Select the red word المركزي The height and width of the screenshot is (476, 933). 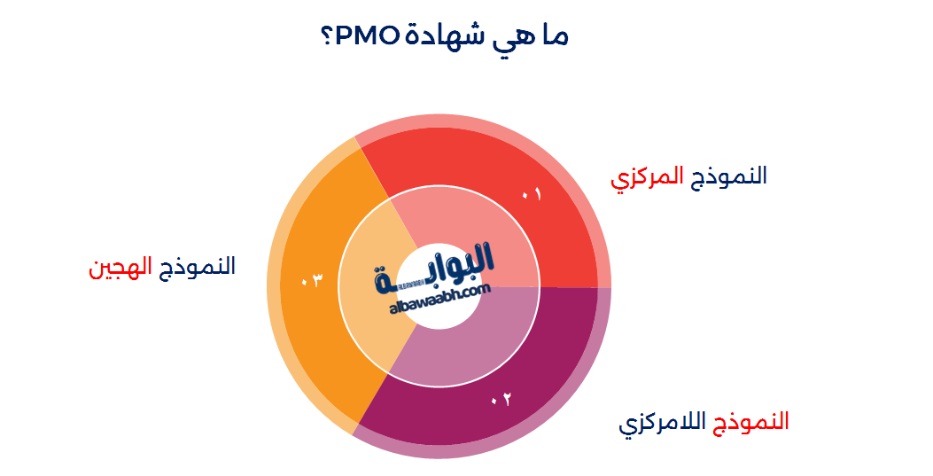tap(647, 176)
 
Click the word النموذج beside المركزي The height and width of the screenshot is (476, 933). tap(730, 176)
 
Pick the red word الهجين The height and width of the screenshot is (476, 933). tap(121, 267)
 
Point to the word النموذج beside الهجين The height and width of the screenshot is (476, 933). tap(198, 266)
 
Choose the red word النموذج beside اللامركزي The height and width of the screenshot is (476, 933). tap(751, 421)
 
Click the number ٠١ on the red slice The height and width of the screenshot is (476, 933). tap(532, 194)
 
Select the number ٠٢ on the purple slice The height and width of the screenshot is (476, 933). tap(501, 400)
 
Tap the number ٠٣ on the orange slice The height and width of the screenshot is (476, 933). tap(311, 282)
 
